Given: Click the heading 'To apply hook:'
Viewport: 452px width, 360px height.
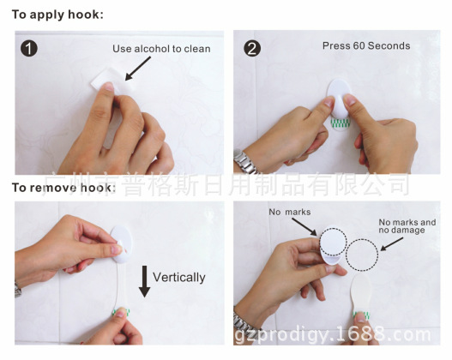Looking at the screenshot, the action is click(57, 15).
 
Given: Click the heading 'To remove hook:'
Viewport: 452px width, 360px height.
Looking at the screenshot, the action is click(63, 188).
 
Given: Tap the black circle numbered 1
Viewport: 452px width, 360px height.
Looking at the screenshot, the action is click(29, 48).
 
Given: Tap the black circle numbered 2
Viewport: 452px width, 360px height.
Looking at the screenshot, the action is click(252, 48).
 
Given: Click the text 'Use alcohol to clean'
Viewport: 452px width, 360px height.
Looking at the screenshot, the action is click(161, 49).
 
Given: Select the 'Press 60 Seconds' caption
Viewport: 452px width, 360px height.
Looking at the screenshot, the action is click(366, 45).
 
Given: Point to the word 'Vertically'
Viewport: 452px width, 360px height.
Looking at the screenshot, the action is click(179, 278).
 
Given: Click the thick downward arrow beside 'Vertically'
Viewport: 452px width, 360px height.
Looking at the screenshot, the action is click(144, 281).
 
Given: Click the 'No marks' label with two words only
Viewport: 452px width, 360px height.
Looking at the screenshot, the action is click(290, 213).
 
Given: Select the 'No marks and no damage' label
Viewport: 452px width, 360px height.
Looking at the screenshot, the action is click(407, 226).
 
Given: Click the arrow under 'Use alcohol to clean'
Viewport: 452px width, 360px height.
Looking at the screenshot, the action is click(138, 69).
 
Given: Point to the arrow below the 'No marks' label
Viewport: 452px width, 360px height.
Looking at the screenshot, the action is click(304, 227).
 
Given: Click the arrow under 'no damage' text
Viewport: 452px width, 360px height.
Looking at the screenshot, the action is click(391, 244).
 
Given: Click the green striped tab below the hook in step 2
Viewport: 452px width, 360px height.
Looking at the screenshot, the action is click(340, 123).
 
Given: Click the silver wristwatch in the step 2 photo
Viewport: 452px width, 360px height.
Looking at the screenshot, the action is click(245, 162).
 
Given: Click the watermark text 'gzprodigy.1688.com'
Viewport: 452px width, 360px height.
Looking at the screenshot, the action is click(333, 334).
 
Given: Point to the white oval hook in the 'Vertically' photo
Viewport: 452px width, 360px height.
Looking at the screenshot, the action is click(121, 244).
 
